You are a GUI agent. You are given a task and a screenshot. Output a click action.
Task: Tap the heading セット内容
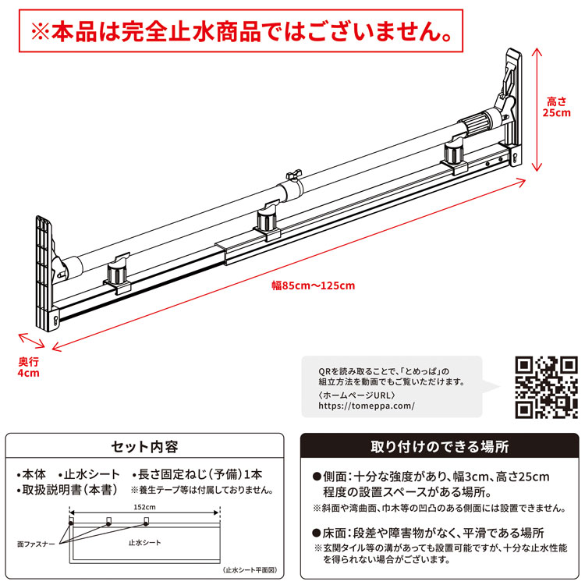(x=145, y=447)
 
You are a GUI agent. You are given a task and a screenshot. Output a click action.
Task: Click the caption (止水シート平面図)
(x=248, y=571)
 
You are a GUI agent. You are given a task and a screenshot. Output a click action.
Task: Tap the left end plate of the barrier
(x=44, y=273)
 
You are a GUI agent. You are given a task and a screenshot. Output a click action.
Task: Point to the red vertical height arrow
(x=536, y=108)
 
